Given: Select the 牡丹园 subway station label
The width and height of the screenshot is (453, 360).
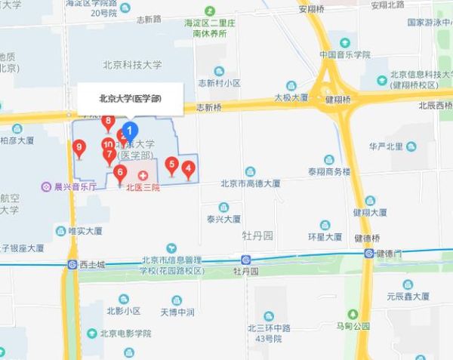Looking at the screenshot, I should [246, 269].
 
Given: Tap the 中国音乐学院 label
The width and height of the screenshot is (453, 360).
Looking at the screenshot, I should [344, 54].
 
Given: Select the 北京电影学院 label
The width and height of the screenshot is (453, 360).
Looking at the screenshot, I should [125, 333].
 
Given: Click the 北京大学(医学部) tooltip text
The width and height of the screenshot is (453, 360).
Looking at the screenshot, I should [131, 98].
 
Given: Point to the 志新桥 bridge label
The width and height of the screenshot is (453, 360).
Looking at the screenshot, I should [208, 107].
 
